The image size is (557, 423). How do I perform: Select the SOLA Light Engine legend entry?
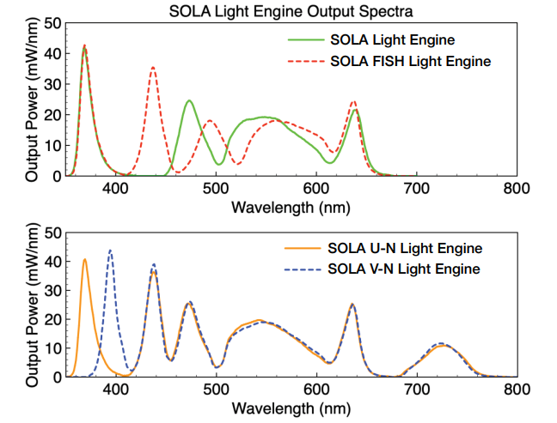[x=392, y=40]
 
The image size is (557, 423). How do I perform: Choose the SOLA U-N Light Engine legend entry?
[x=405, y=249]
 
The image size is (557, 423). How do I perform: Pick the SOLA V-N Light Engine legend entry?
[x=405, y=269]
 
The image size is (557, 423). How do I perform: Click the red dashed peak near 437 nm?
[x=153, y=67]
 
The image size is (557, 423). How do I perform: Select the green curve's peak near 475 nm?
[x=190, y=101]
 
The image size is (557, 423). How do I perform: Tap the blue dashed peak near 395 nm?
[x=110, y=251]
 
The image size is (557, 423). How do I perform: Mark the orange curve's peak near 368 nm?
[x=84, y=259]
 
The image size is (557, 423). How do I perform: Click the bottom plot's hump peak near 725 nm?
[x=441, y=343]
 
